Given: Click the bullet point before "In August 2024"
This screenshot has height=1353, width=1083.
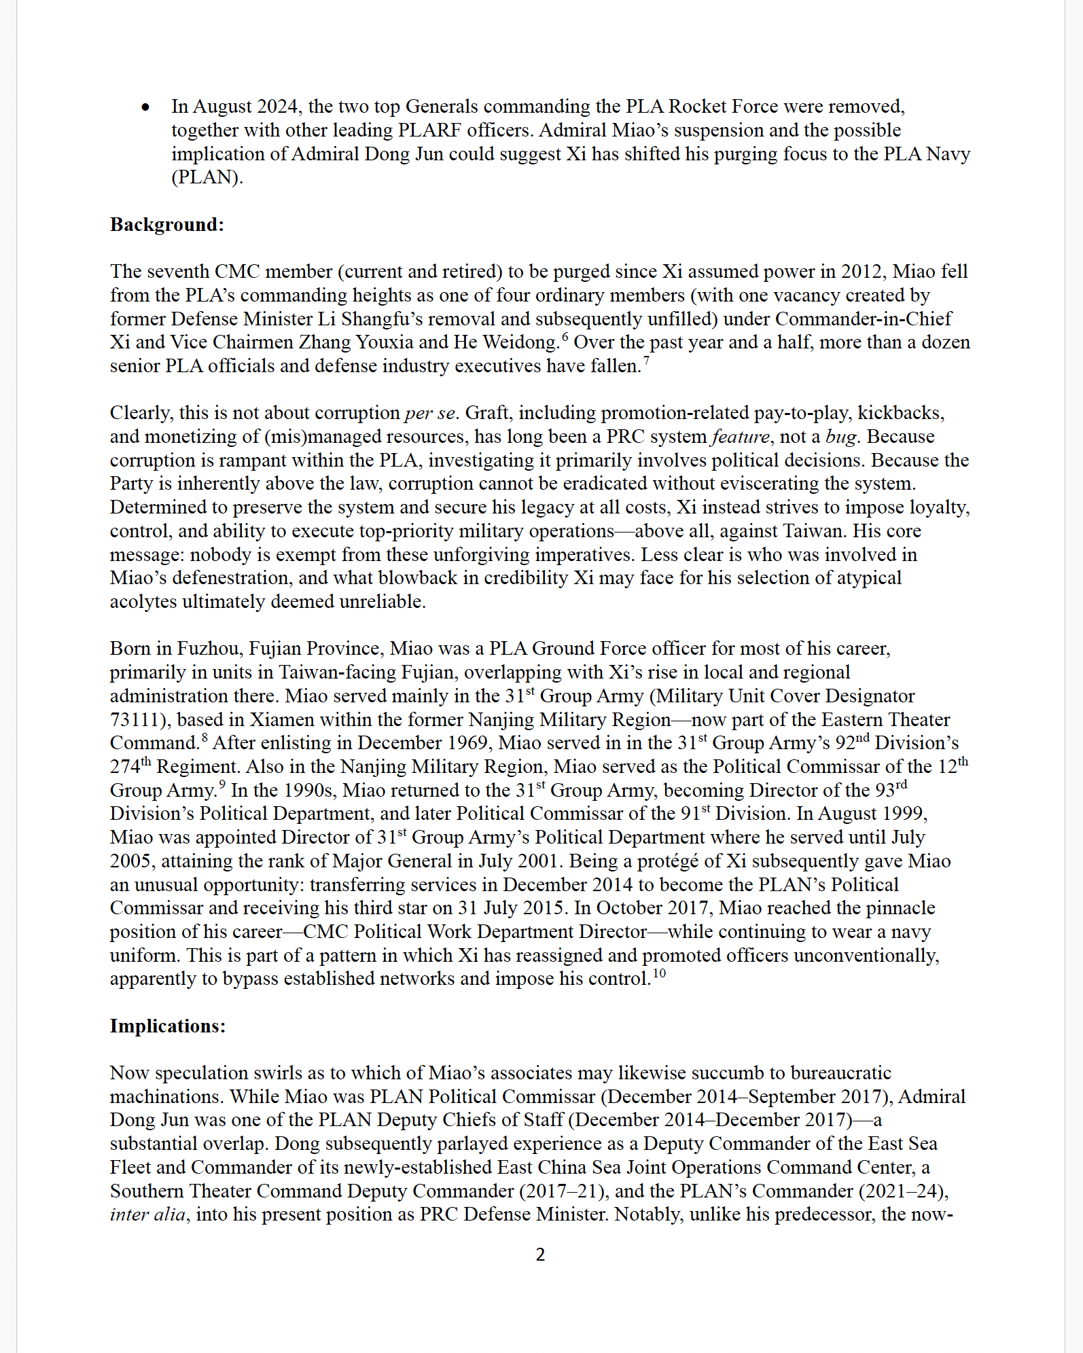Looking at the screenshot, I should point(145,107).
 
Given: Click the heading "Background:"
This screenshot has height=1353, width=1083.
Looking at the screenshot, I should point(166,225).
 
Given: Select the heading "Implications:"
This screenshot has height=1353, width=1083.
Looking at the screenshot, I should point(167,1026).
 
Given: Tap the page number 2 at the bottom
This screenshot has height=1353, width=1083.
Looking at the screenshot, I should point(540,1255).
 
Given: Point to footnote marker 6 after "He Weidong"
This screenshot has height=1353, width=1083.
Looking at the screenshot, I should point(565,336).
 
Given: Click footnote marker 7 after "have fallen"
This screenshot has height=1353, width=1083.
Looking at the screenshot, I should point(646,360).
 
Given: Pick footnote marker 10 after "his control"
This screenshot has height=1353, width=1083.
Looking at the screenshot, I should point(659,973).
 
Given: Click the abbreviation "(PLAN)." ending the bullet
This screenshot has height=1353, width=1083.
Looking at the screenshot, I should point(207,177).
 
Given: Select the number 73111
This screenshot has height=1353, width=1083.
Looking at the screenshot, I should point(136,719).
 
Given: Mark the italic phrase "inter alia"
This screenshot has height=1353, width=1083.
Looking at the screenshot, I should point(147,1214).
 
